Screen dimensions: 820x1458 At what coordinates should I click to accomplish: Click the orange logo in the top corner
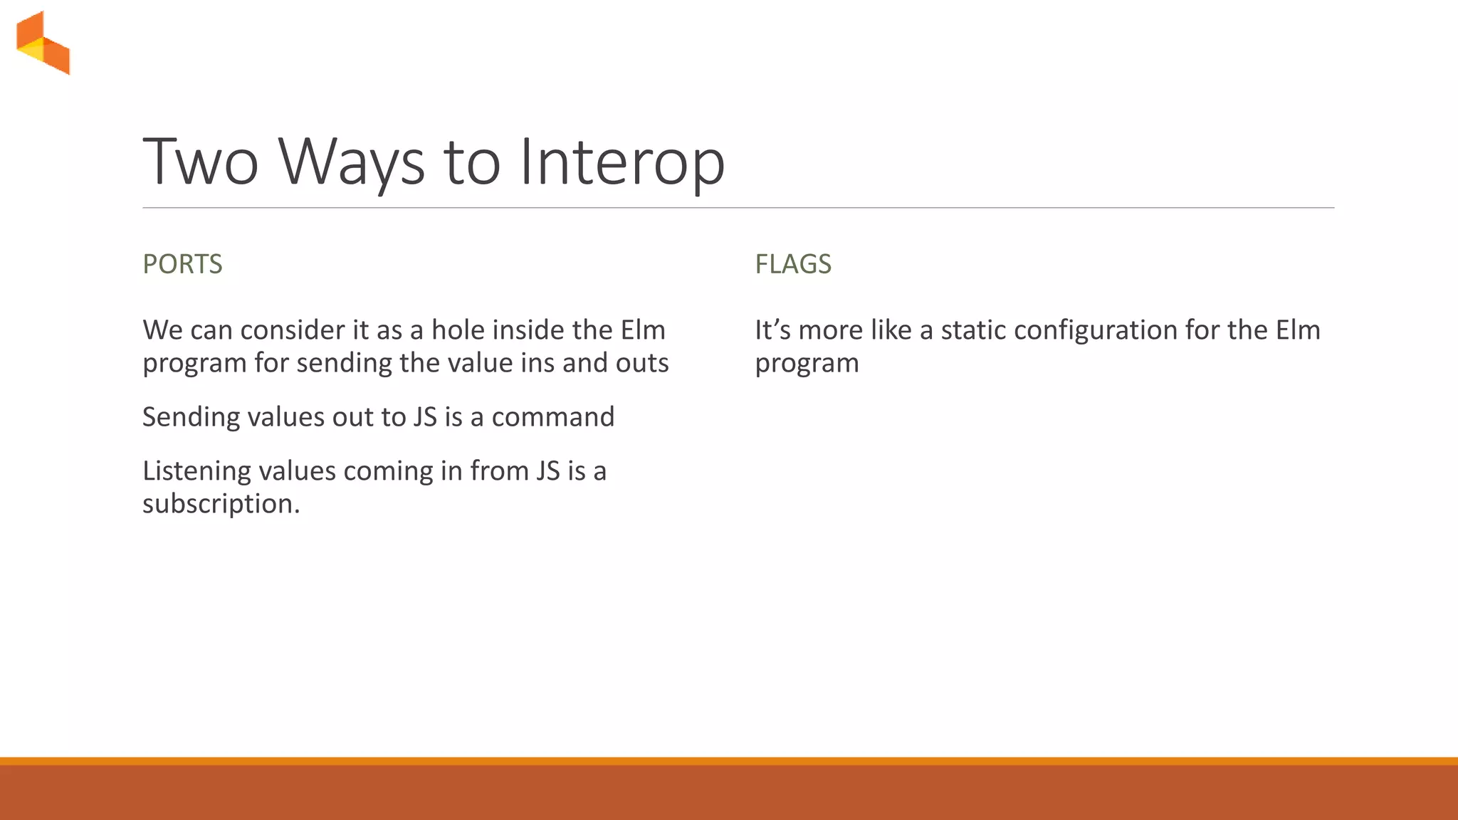pyautogui.click(x=43, y=43)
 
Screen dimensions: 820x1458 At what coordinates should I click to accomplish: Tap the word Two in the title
pyautogui.click(x=201, y=162)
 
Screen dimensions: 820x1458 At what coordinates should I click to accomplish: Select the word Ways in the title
pyautogui.click(x=351, y=162)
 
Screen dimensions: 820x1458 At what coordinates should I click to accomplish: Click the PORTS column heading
pyautogui.click(x=182, y=264)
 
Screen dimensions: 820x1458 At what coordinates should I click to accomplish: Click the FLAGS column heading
pyautogui.click(x=792, y=264)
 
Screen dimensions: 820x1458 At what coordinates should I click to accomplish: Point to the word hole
pyautogui.click(x=458, y=330)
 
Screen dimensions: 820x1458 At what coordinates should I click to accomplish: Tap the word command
pyautogui.click(x=552, y=417)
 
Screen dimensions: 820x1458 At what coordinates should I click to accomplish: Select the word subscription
pyautogui.click(x=220, y=504)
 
